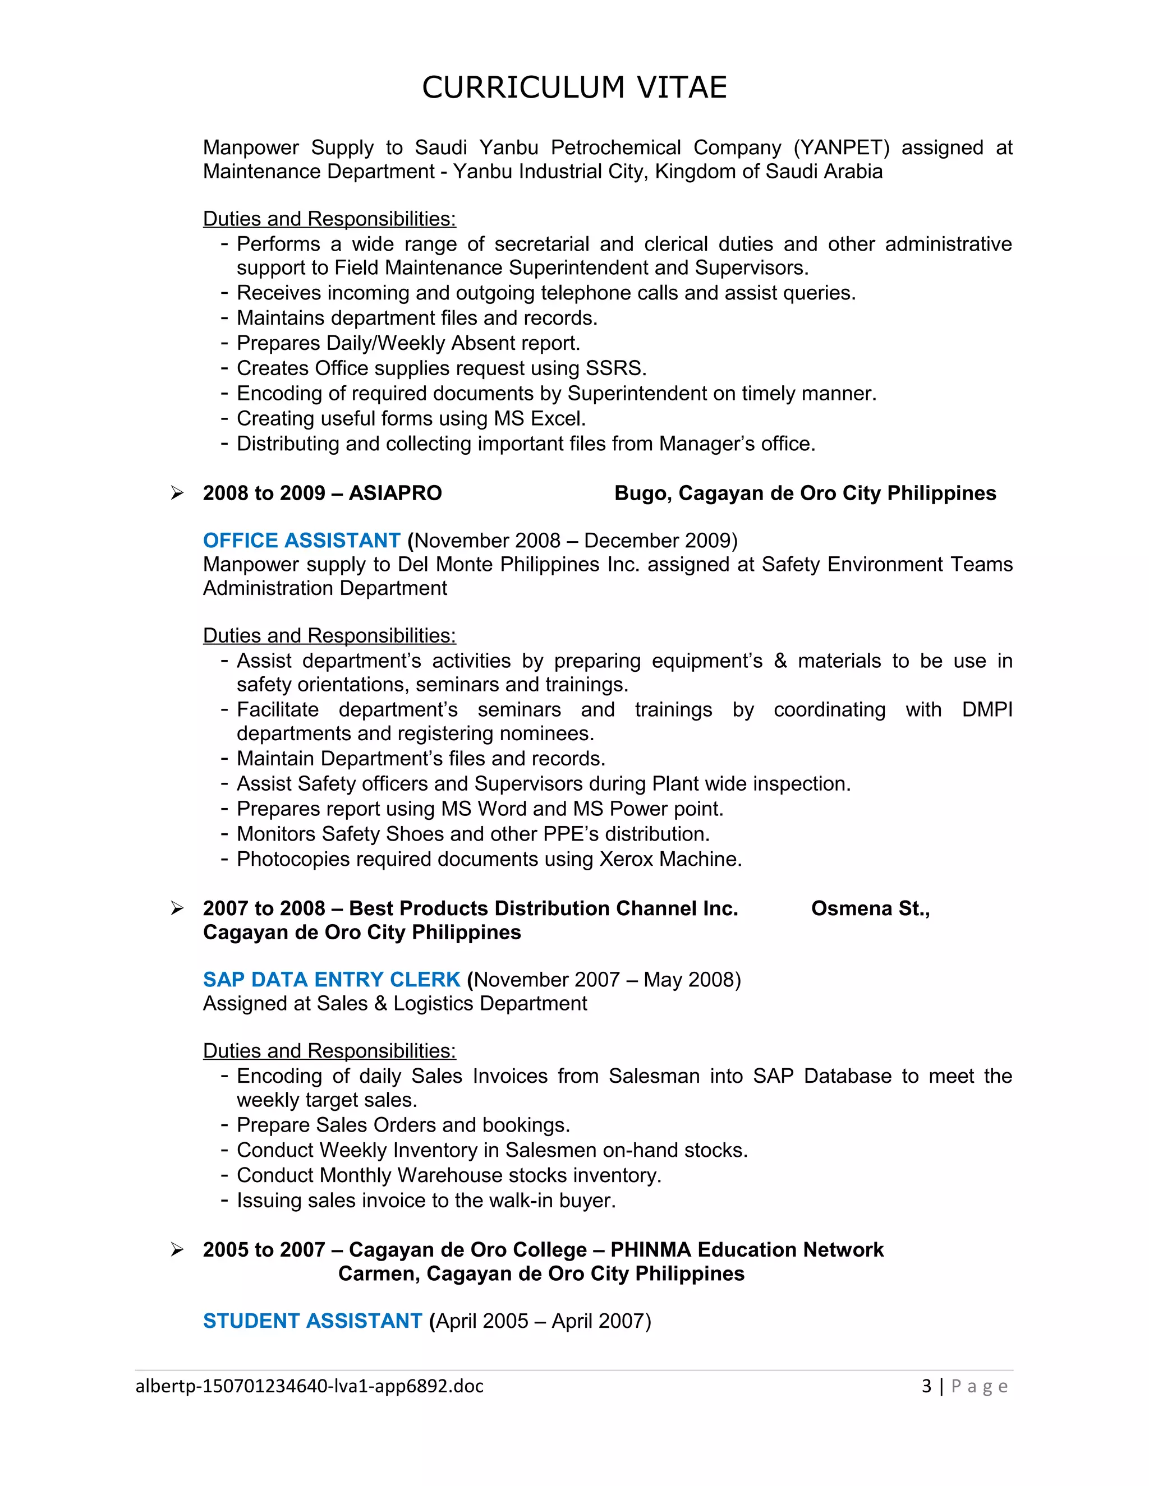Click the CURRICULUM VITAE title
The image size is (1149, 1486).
pos(574,88)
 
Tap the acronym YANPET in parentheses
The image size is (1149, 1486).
pos(842,147)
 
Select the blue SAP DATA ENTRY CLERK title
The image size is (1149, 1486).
pos(332,979)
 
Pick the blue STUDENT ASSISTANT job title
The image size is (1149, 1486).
pos(312,1321)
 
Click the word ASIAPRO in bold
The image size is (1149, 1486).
pos(395,493)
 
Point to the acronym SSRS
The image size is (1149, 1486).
pos(615,368)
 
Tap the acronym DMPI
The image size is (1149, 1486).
pos(986,710)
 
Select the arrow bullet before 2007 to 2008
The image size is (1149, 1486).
pos(177,908)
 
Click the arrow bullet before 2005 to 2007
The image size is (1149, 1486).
pos(177,1250)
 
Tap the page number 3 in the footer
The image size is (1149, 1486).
pos(926,1386)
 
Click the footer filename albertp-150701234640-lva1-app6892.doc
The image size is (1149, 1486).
pos(310,1386)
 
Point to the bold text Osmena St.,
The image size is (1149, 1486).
pos(870,908)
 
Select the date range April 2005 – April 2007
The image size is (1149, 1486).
pos(543,1321)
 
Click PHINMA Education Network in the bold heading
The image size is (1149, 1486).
pos(747,1250)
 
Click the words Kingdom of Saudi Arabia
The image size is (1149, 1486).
pos(769,172)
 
